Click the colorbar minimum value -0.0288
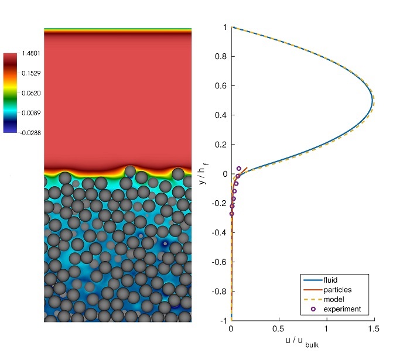(x=30, y=132)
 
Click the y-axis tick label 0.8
(x=221, y=57)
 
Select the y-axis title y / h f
(x=203, y=174)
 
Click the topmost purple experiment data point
(x=238, y=168)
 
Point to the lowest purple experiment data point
(x=231, y=214)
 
